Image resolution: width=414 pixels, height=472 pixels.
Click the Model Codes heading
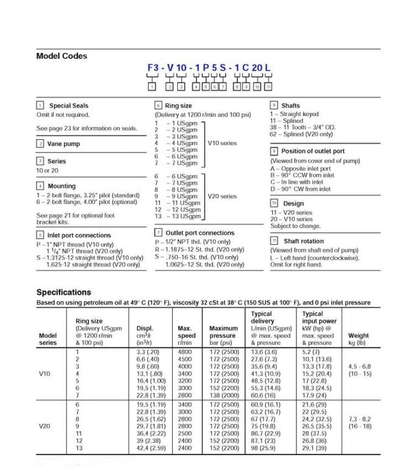point(61,56)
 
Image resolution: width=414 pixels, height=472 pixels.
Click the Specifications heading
point(63,292)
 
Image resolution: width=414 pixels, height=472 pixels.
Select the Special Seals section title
point(68,106)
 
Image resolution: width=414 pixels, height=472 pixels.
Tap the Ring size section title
point(178,106)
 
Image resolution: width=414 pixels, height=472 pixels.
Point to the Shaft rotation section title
point(304,241)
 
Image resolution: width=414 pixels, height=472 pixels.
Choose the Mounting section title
point(62,186)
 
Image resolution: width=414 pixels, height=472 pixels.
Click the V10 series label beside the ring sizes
point(222,143)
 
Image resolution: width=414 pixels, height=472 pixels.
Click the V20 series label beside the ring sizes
point(222,196)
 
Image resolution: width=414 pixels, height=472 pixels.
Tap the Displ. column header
point(145,329)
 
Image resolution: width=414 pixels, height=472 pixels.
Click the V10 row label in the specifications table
point(44,374)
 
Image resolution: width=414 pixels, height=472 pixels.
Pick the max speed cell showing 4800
point(184,352)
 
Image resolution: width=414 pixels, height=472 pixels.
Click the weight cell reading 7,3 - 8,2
point(358,419)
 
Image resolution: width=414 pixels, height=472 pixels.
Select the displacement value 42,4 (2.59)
point(149,448)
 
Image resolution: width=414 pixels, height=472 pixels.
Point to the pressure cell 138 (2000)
point(225,395)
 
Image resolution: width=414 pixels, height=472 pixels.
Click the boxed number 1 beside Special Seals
point(40,106)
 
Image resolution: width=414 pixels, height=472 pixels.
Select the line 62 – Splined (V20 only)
point(301,134)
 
